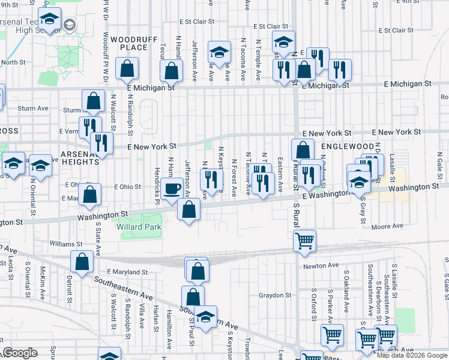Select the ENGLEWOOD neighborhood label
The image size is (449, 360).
[x=347, y=146]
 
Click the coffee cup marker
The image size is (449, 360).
[x=172, y=188]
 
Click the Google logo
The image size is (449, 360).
[x=20, y=353]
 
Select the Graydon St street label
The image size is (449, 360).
[x=275, y=295]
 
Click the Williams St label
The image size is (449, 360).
[x=66, y=244]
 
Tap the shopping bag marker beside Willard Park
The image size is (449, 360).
[x=189, y=211]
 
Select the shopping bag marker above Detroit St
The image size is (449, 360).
[x=82, y=262]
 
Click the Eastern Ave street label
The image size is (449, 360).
[x=280, y=175]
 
